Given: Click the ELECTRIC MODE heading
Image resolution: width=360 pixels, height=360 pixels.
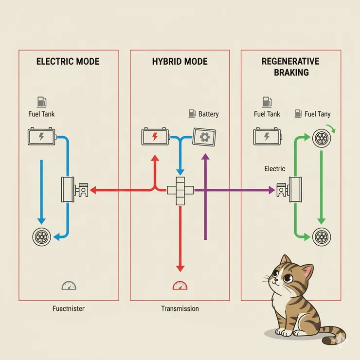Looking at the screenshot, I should click(x=68, y=62).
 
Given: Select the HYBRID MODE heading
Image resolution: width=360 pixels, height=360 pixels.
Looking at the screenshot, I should click(x=180, y=62).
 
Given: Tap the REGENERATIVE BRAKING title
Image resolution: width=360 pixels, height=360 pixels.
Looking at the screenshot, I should click(x=290, y=67).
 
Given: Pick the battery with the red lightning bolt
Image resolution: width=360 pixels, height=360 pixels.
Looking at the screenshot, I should click(x=155, y=136).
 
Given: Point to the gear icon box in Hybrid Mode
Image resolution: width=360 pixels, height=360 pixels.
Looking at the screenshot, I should click(x=204, y=136).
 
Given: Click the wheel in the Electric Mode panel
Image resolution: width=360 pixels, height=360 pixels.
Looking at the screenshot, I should click(x=40, y=237).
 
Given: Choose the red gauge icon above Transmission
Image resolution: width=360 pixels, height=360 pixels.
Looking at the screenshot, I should click(x=180, y=286).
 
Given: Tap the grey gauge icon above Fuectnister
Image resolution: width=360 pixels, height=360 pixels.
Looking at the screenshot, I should click(x=69, y=286).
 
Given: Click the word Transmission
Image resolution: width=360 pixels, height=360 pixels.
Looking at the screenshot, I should click(x=180, y=308).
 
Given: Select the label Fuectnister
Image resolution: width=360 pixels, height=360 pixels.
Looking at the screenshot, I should click(x=69, y=308).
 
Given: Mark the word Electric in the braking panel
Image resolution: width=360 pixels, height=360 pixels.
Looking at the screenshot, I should click(x=275, y=169).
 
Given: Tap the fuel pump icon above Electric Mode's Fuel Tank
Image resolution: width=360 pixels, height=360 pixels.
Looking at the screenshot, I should click(x=41, y=102).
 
